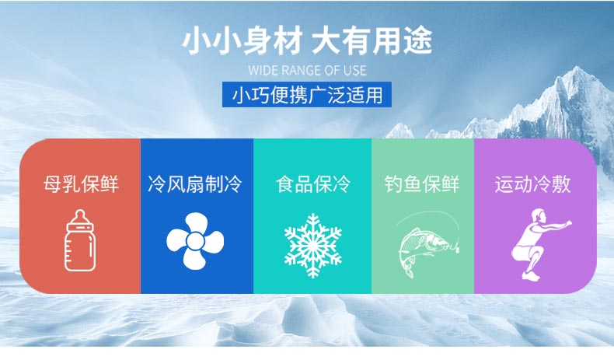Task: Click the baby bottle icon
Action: [80, 240]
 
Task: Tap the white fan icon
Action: [195, 241]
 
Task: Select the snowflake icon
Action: [313, 246]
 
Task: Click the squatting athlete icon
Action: [540, 244]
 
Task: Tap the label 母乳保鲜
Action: [81, 184]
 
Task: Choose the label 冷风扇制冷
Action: [195, 184]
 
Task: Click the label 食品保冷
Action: [313, 184]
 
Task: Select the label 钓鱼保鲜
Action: [422, 184]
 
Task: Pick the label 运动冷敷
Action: [532, 184]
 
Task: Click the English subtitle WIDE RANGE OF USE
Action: [308, 71]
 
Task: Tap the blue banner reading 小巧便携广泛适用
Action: [307, 94]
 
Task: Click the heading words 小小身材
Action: [242, 40]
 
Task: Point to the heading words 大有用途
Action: [372, 40]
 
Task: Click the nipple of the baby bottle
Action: [80, 216]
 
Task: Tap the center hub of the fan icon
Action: [194, 241]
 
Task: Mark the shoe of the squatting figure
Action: [531, 276]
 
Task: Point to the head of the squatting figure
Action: [538, 215]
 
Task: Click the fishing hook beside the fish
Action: [456, 247]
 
